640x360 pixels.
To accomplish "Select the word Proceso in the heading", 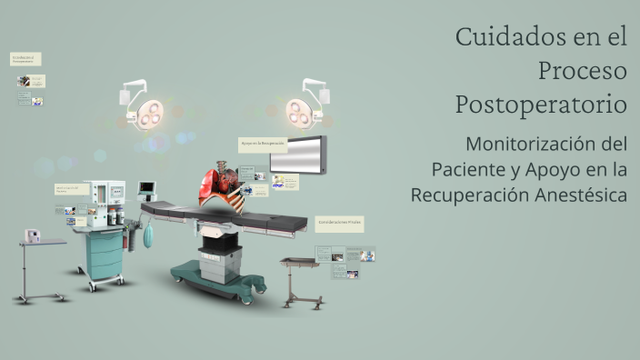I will (582, 70).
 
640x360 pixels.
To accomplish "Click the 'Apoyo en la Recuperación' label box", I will (263, 144).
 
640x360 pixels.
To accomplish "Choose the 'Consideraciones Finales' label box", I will (340, 223).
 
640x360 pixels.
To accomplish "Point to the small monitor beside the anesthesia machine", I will (146, 188).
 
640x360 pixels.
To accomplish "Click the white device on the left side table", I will (35, 235).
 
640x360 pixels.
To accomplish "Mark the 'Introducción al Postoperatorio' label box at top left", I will (25, 59).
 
